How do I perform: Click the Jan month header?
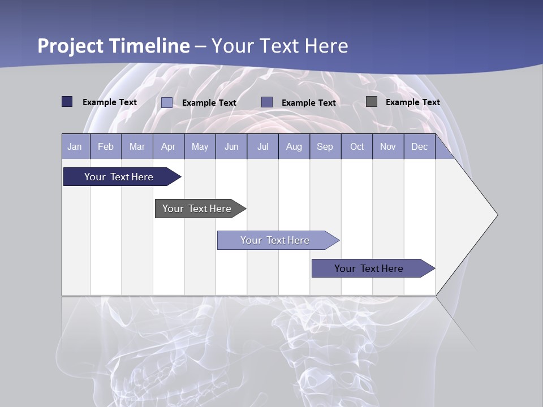(75, 146)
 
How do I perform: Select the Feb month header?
(106, 146)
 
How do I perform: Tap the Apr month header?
(169, 146)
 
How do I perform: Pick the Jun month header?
(231, 146)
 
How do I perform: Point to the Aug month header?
(294, 146)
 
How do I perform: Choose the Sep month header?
(325, 146)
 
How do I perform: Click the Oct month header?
(357, 146)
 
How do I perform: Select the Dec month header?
(420, 146)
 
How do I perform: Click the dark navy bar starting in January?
(119, 177)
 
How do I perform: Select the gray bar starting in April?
(197, 209)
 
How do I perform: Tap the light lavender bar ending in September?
(275, 240)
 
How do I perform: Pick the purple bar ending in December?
(369, 269)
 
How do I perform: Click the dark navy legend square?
(67, 102)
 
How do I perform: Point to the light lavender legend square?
(167, 102)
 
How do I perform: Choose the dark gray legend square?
(372, 102)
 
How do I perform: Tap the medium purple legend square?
(267, 102)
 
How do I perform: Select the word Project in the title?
(70, 46)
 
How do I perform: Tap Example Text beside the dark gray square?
(412, 102)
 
